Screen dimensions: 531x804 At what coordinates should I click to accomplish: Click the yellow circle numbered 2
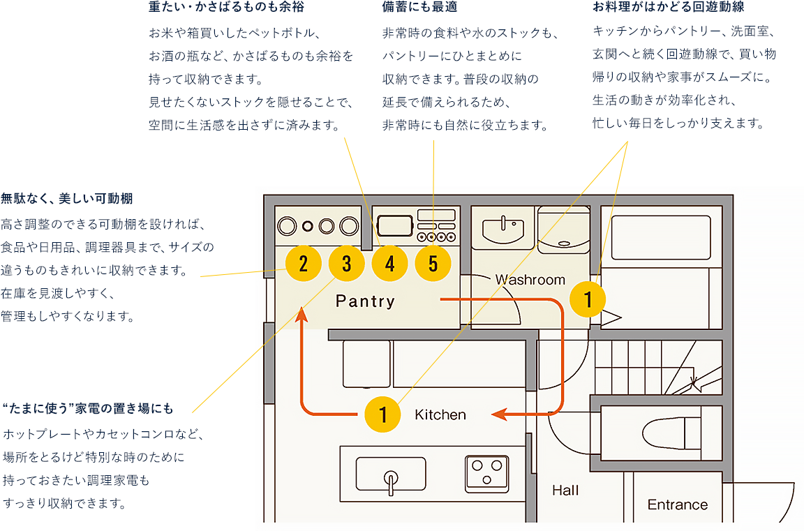coord(303,264)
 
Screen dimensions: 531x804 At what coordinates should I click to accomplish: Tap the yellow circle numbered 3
coord(346,264)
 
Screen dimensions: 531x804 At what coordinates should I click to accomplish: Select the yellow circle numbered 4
coord(389,264)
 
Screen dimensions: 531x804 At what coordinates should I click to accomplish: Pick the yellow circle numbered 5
coord(433,264)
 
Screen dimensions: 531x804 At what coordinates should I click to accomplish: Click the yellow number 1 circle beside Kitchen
coord(383,414)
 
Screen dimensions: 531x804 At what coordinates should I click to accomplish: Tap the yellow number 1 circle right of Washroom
coord(588,299)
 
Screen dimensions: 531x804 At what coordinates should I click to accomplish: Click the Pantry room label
coord(365,301)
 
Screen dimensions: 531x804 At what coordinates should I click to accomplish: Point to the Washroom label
coord(530,280)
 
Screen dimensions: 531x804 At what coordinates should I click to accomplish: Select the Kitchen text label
coord(440,414)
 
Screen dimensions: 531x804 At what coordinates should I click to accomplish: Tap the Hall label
coord(565,491)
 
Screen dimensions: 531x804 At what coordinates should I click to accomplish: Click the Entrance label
coord(677,504)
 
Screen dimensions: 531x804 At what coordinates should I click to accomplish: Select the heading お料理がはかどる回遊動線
coord(668,8)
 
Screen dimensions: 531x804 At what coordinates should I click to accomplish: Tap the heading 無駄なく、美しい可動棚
coord(66,198)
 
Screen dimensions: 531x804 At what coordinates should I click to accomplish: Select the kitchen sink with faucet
coord(391,474)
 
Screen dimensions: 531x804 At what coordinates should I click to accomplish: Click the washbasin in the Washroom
coord(502,227)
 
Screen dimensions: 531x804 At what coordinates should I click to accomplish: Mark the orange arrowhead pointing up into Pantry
coord(301,315)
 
